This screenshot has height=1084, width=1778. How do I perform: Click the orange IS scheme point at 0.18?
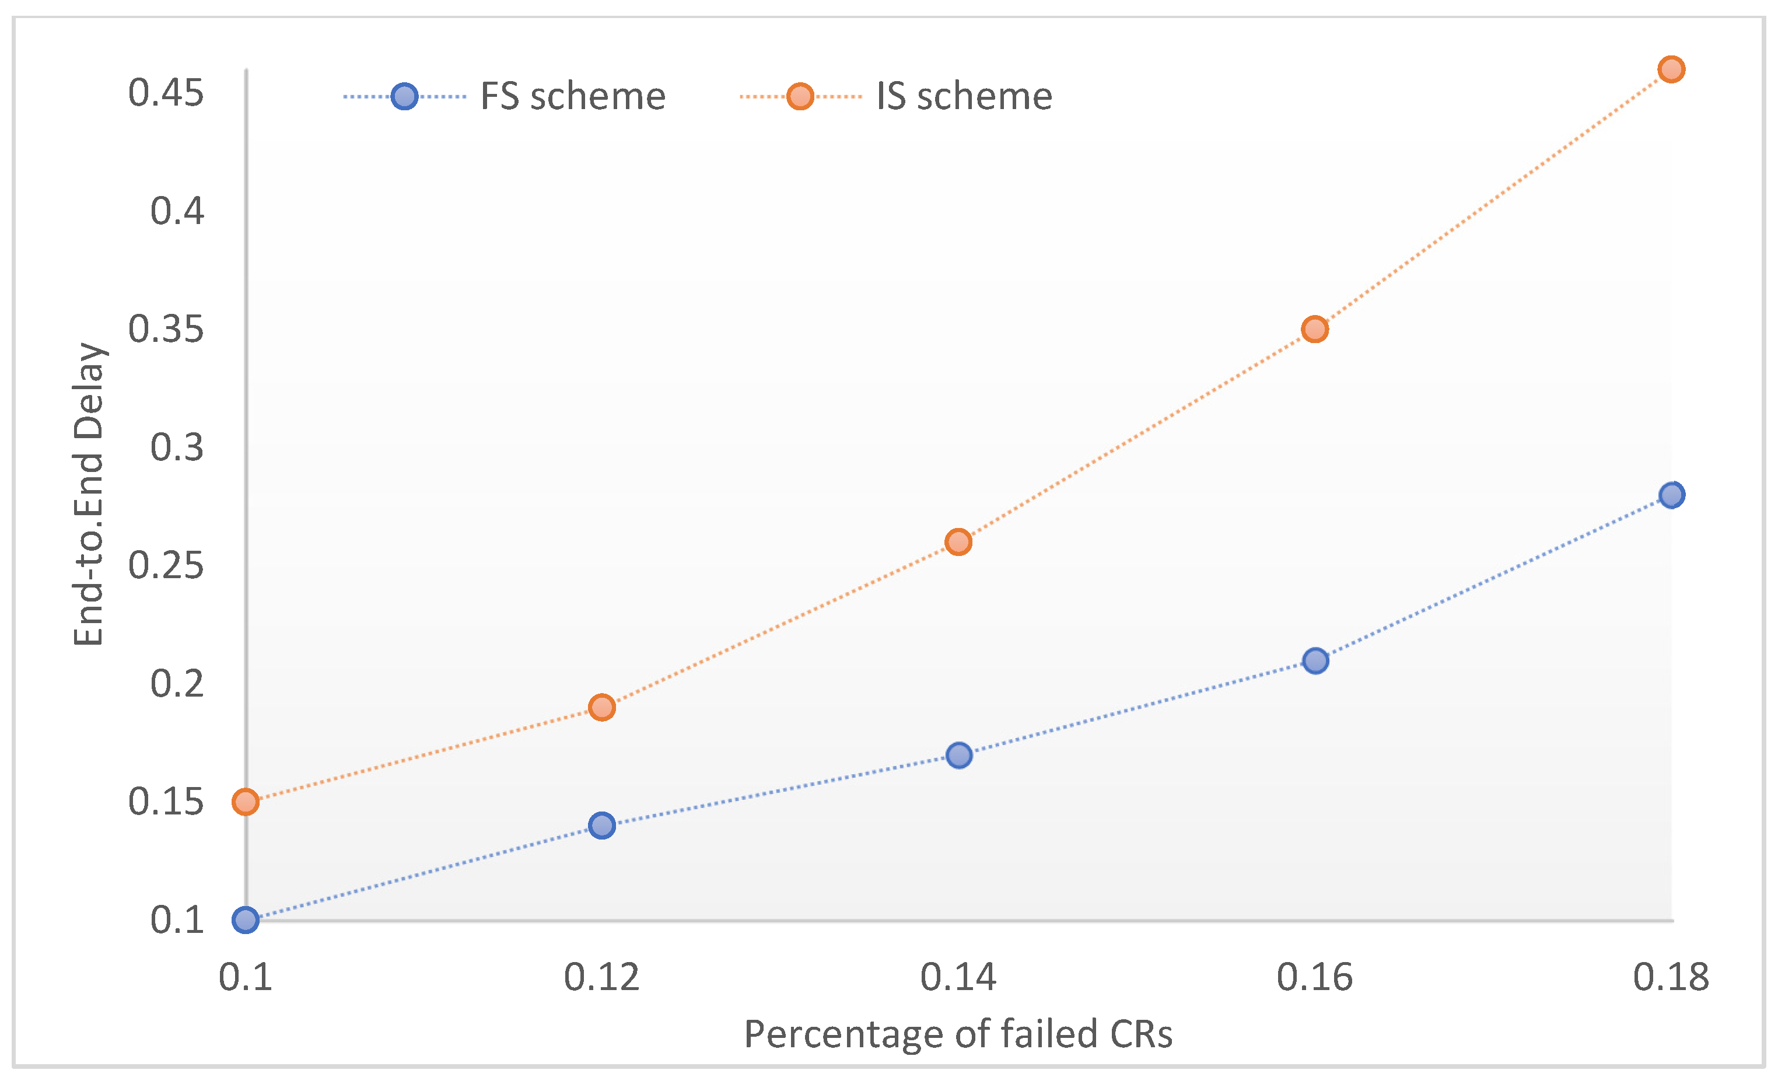[1671, 69]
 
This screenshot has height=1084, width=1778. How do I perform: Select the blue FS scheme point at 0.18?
[1671, 495]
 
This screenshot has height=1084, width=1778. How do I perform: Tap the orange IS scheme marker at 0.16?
[1315, 330]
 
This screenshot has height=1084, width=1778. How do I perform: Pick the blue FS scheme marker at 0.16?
[1315, 660]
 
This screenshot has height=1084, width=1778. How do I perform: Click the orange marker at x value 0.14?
[958, 542]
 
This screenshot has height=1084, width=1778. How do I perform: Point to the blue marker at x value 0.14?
[959, 756]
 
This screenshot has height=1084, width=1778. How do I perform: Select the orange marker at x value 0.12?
[602, 707]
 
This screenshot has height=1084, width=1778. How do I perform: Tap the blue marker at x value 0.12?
[602, 826]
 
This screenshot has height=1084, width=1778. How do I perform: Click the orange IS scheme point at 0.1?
[246, 802]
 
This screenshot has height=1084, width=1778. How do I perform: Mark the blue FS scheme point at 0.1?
[246, 920]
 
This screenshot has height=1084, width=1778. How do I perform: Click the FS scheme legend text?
[572, 96]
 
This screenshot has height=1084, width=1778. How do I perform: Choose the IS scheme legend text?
[964, 96]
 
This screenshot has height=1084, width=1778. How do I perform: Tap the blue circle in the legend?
[404, 96]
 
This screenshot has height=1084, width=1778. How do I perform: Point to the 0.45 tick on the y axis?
[166, 93]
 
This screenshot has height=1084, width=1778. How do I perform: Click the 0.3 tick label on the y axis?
[177, 447]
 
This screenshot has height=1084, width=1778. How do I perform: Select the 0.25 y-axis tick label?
[166, 566]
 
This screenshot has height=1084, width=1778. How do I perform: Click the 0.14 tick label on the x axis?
[958, 978]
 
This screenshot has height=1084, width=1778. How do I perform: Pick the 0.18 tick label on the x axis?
[1671, 978]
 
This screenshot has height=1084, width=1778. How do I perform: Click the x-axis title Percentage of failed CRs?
[958, 1034]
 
